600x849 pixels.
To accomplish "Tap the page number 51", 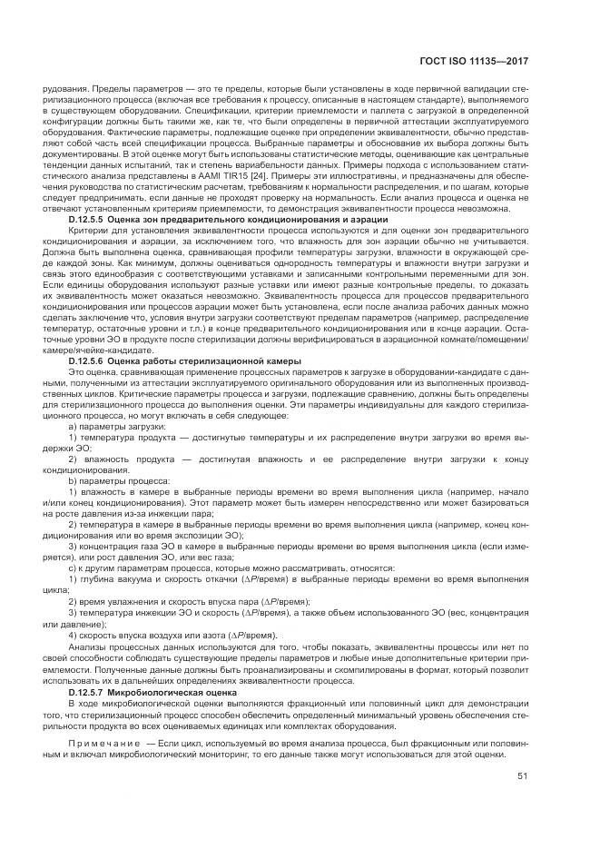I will point(522,776).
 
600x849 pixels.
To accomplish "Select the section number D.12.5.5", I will point(90,220).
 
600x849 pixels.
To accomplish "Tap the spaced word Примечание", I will point(103,743).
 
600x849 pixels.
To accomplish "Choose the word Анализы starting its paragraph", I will point(89,647).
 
